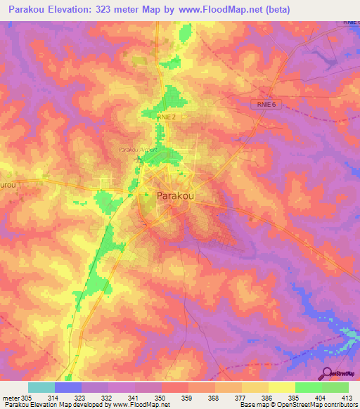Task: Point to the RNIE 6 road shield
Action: pos(264,104)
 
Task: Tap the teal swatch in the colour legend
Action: pos(41,387)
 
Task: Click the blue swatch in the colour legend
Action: pos(68,387)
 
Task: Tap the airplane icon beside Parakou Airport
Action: pos(137,159)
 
